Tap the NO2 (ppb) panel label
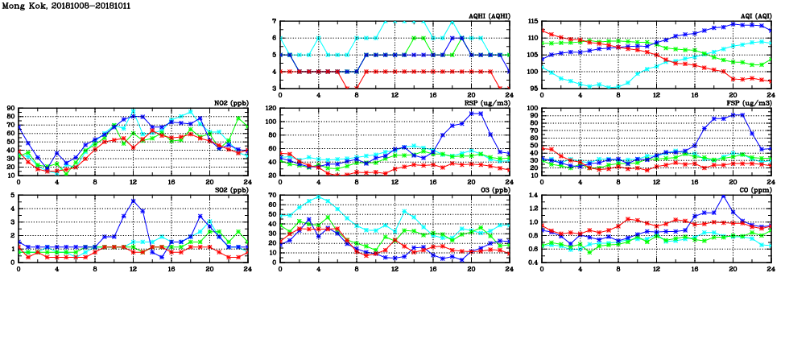coord(229,103)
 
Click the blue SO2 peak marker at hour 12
coord(133,201)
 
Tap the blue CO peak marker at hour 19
coord(723,197)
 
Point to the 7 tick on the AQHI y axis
coord(275,21)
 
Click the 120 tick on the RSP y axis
coord(271,108)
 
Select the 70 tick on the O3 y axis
coord(273,195)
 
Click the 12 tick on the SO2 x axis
coord(133,269)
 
